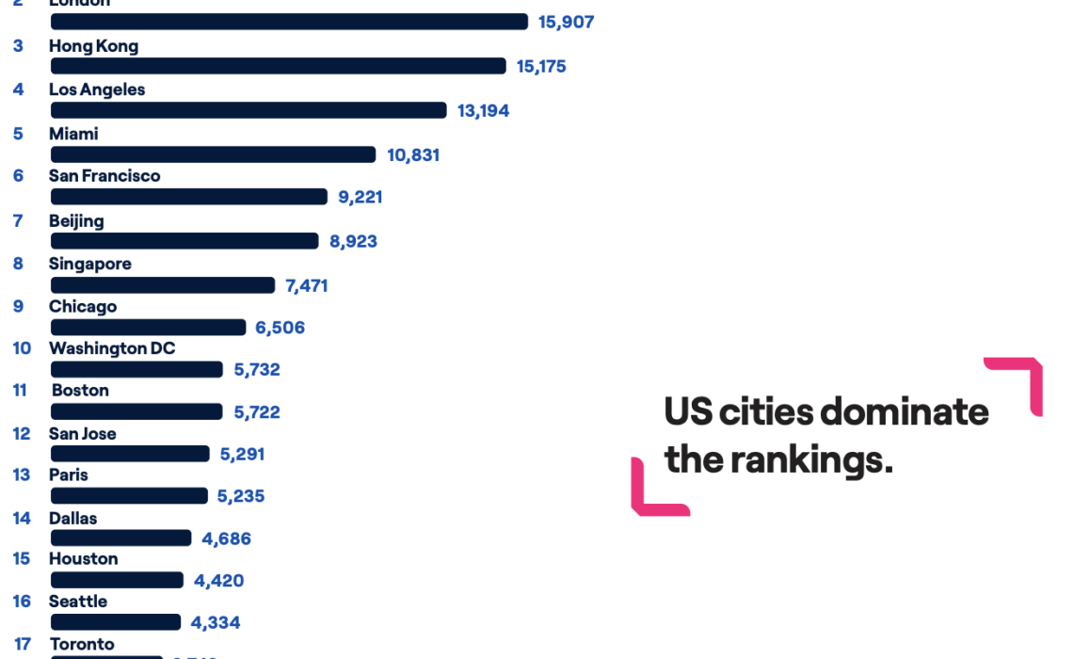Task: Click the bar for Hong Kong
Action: pos(278,66)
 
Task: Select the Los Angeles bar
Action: pos(248,110)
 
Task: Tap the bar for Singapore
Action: pos(162,285)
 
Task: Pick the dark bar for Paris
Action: pos(129,495)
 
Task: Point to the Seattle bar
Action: pos(115,622)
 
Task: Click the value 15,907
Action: pos(566,22)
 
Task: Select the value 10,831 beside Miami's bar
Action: pos(413,155)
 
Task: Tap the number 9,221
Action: pos(360,197)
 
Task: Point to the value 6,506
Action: pos(280,328)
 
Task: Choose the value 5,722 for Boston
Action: pos(257,412)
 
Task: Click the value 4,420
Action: pos(218,581)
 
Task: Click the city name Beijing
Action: pos(76,221)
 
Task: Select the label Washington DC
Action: pos(112,348)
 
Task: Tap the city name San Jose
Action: pos(83,434)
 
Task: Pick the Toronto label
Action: pos(82,644)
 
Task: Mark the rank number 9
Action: pos(19,306)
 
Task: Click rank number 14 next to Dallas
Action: pos(22,518)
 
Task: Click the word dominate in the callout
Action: pos(905,411)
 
